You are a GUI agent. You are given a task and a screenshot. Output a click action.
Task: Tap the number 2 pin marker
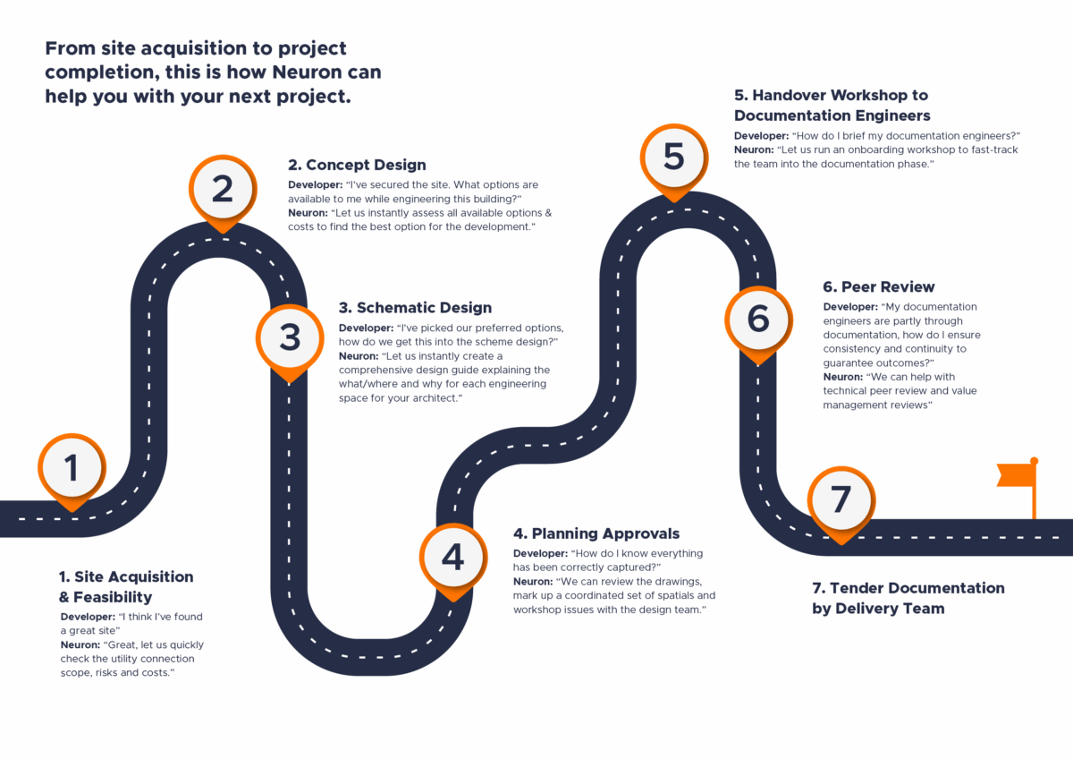pyautogui.click(x=223, y=189)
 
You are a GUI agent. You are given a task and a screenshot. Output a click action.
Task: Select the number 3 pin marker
pyautogui.click(x=290, y=337)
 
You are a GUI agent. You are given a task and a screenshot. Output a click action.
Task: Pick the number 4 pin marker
pyautogui.click(x=453, y=558)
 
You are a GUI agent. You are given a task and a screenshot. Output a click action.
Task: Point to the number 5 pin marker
pyautogui.click(x=674, y=158)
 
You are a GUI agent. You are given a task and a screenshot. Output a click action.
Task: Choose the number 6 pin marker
pyautogui.click(x=758, y=320)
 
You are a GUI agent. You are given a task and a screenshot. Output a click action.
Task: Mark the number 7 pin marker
pyautogui.click(x=841, y=499)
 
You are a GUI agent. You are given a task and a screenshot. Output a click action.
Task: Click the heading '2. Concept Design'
pyautogui.click(x=357, y=165)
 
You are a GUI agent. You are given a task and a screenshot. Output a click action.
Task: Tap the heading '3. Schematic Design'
pyautogui.click(x=415, y=308)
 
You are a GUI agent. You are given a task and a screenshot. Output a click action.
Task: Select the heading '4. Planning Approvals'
pyautogui.click(x=596, y=534)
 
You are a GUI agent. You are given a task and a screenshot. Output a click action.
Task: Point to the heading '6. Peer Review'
pyautogui.click(x=878, y=287)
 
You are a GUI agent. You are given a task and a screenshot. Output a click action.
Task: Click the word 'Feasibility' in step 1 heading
pyautogui.click(x=114, y=597)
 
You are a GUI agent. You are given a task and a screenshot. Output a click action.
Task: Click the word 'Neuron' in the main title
pyautogui.click(x=282, y=72)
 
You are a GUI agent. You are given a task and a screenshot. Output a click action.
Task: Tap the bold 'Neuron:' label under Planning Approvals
pyautogui.click(x=533, y=582)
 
